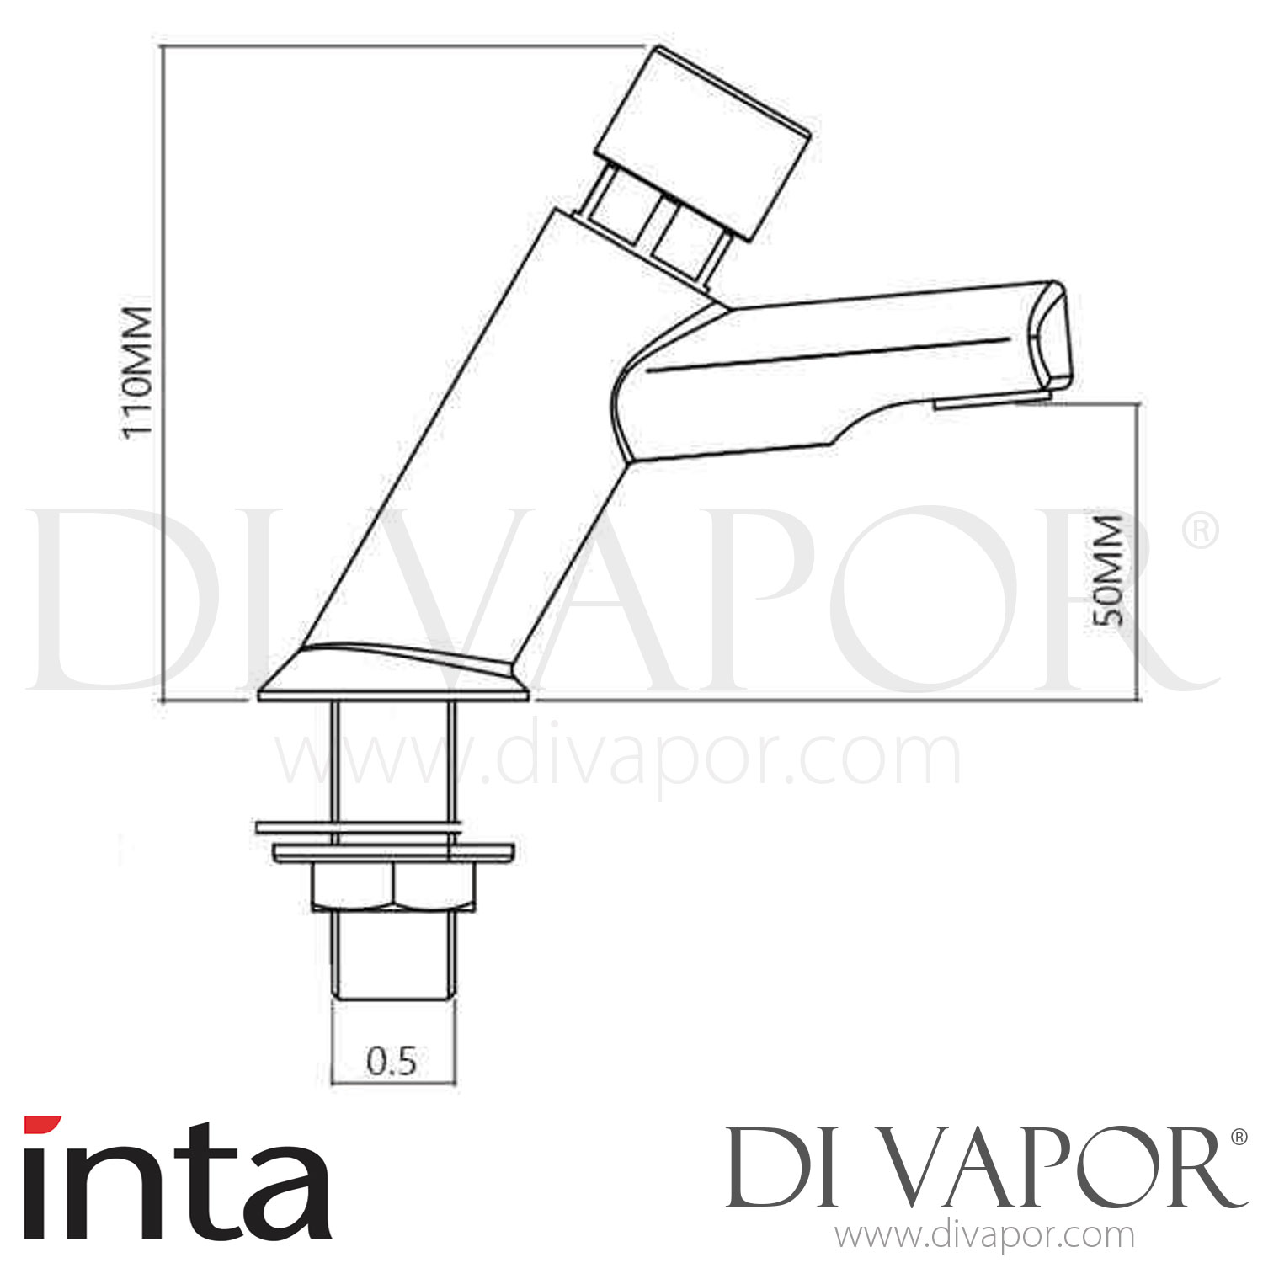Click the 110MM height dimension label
coord(137,370)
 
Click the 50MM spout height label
coord(1108,568)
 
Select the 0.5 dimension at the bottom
coord(392,1062)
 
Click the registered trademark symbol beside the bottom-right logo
coord(1239,1137)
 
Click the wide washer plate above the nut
coord(393,852)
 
